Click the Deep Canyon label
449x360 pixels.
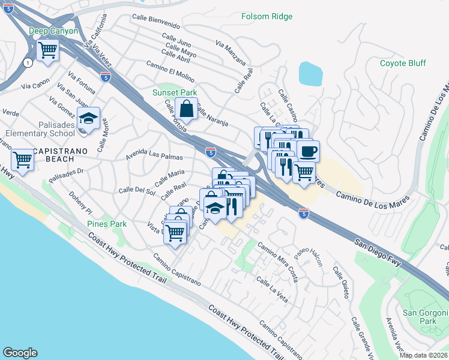tap(52, 31)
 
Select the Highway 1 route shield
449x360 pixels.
tap(28, 62)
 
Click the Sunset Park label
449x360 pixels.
tap(175, 93)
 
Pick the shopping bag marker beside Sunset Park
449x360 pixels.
tap(187, 110)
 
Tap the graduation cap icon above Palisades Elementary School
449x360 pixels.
tap(88, 118)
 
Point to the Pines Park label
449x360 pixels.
tap(107, 224)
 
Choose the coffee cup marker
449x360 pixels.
tap(308, 151)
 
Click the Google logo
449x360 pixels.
tap(20, 353)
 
